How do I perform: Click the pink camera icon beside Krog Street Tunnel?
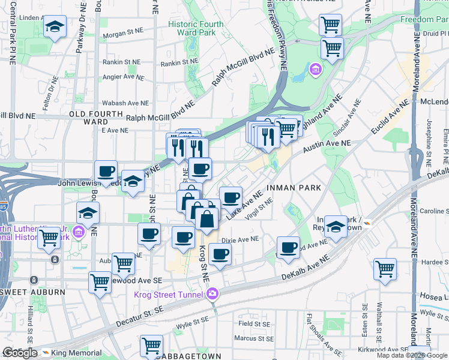pos(212,293)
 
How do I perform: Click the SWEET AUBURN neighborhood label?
pos(41,292)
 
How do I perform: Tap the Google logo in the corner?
pos(20,353)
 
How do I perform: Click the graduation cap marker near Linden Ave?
pos(55,28)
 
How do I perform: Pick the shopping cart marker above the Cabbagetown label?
pos(151,346)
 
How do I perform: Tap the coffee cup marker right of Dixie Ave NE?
pos(289,247)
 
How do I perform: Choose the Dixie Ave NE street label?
pos(240,239)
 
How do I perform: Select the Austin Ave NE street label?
pos(327,144)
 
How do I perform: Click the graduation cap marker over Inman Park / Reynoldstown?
pos(336,227)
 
